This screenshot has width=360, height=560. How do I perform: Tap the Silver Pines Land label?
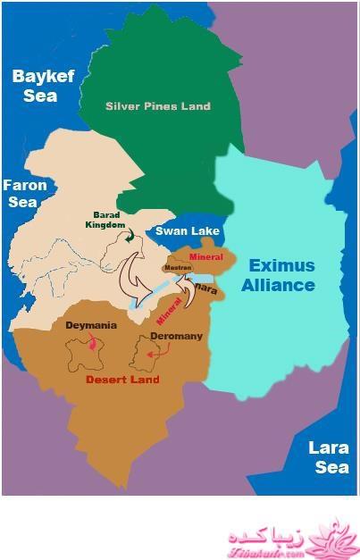(x=157, y=106)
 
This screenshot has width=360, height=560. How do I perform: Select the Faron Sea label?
(x=21, y=193)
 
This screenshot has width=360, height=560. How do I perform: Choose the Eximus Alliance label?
(x=281, y=275)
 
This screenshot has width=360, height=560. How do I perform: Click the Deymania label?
(x=91, y=326)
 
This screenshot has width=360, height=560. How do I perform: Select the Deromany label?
(x=176, y=337)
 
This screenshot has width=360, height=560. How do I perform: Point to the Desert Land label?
(x=121, y=379)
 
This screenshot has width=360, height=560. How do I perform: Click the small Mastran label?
(x=177, y=267)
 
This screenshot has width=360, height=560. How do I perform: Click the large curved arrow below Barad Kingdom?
(x=134, y=279)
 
